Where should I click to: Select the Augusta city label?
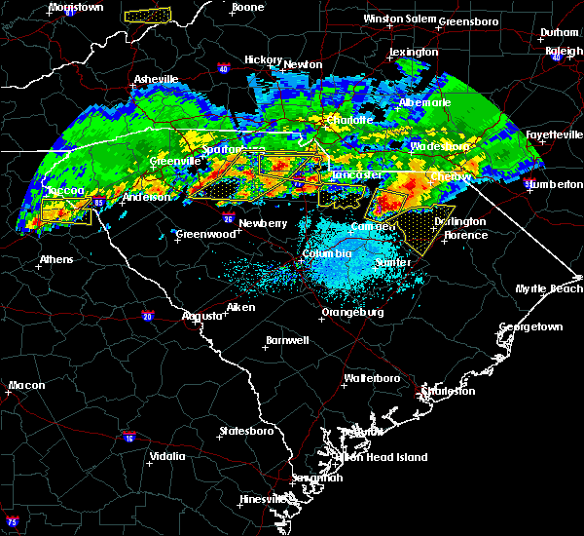click(202, 316)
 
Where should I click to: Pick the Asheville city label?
click(157, 79)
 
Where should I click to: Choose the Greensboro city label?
click(468, 21)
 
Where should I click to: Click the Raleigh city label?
click(564, 51)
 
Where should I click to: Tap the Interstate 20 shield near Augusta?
click(148, 316)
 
